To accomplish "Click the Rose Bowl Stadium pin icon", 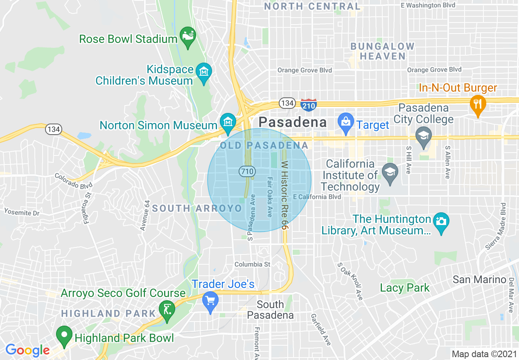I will coord(188,37).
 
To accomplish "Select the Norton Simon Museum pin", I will coord(228,123).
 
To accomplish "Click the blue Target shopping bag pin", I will coord(346,123).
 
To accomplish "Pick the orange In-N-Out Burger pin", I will coord(477,104).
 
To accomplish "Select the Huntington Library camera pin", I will coord(441,223).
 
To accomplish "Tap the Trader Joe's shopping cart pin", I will coord(210,302).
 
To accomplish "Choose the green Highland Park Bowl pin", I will coord(64,335).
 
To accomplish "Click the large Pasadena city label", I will coord(293,122).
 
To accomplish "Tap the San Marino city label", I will coord(479,280).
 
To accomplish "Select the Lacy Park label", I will coord(405,288).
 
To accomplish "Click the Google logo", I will coord(27,350).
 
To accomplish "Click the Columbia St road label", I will coord(252,265).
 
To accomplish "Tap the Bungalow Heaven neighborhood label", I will coord(383,51).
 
